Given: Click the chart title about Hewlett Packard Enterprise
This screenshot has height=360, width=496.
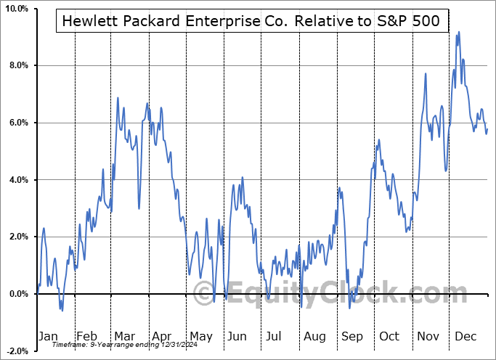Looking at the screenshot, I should coord(251,21).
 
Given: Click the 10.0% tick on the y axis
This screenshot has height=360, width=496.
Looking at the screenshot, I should coord(15,9).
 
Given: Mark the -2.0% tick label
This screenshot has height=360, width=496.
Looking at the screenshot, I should coord(16,351).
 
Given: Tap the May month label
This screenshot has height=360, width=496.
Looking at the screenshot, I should coord(201,336).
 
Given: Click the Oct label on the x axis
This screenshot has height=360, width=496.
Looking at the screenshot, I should coord(390,336).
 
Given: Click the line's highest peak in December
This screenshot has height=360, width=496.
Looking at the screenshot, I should coord(459,32).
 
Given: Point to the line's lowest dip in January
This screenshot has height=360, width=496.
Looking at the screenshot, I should coord(62,311).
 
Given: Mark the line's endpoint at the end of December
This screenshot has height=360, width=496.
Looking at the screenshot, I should coord(487,130).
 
